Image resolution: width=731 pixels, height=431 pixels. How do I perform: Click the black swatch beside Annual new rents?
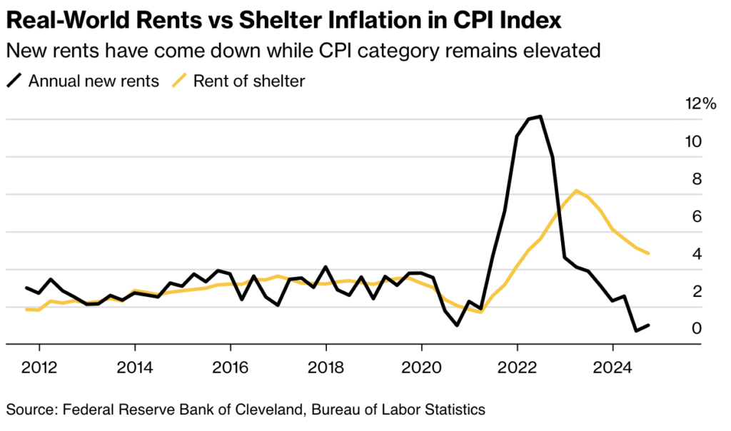15,81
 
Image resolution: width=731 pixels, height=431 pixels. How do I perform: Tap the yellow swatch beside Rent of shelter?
181,81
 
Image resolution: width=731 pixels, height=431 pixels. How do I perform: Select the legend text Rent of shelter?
249,81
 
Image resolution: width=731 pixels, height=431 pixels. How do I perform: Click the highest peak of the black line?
540,116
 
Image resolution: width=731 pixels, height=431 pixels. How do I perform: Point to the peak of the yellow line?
575,191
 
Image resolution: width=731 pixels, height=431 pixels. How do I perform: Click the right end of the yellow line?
648,253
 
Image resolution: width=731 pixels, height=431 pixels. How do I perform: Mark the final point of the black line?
648,325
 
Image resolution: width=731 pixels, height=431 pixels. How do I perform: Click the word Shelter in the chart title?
307,21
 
